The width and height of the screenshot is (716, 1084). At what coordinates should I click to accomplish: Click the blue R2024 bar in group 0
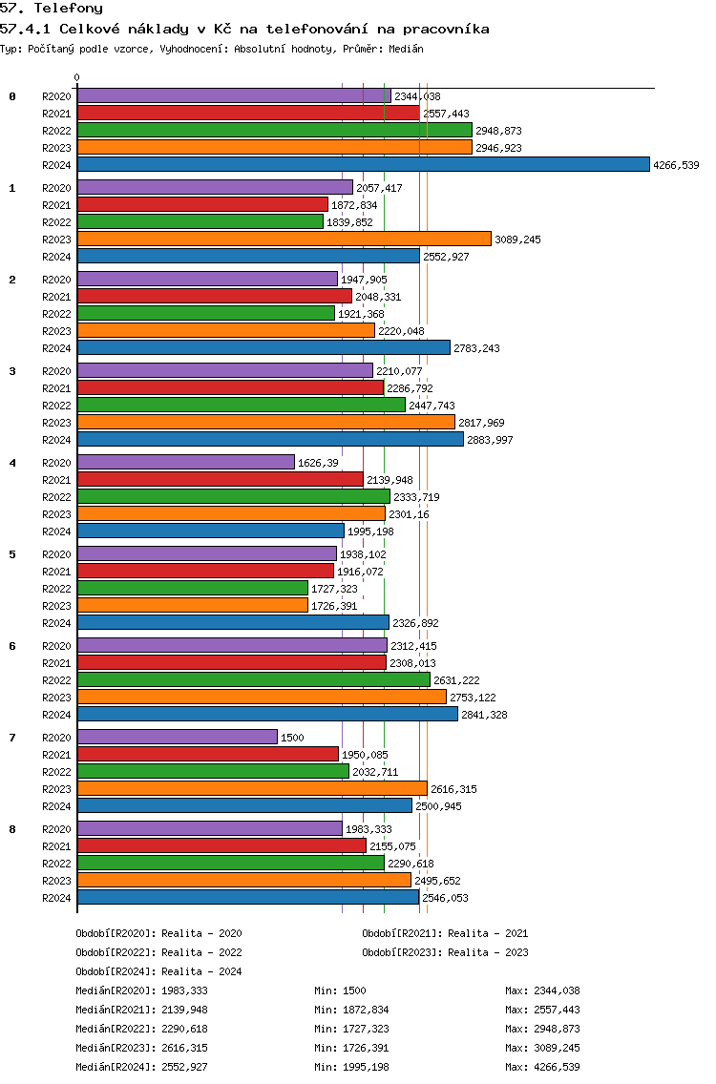coord(364,164)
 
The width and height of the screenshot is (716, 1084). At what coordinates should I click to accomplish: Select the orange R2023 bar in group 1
coord(284,240)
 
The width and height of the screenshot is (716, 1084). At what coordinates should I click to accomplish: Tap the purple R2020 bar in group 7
coord(178,737)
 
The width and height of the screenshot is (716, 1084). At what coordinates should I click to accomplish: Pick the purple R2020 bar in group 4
coord(186,463)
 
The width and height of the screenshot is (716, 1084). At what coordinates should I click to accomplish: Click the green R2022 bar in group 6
coord(254,680)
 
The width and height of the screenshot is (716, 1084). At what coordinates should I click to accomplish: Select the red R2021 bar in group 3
coord(230,387)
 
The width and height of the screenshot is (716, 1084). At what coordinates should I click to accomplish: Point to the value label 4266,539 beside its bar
coord(676,165)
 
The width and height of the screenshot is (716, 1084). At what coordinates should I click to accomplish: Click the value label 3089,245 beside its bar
coord(517,240)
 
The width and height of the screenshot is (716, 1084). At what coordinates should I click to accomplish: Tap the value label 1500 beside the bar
coord(292,738)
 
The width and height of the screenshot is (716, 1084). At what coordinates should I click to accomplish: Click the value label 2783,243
coord(476,348)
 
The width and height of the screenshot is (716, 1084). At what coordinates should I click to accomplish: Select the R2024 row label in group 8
coord(56,898)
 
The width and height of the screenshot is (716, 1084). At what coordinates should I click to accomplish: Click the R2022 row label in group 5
coord(56,589)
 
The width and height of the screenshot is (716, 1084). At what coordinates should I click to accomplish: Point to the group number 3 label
coord(12,371)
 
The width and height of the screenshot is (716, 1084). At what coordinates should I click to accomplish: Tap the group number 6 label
coord(12,646)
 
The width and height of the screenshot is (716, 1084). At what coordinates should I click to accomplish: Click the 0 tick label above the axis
coord(76,77)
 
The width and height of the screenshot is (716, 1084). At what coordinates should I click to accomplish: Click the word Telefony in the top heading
coord(69,9)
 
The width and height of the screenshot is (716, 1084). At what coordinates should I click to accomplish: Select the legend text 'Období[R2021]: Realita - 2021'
coord(445,933)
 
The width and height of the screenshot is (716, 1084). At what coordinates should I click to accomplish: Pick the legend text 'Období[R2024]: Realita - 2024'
coord(159,971)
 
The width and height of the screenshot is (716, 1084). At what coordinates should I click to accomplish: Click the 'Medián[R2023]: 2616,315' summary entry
coord(142,1048)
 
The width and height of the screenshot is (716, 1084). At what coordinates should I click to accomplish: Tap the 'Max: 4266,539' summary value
coord(542,1067)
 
